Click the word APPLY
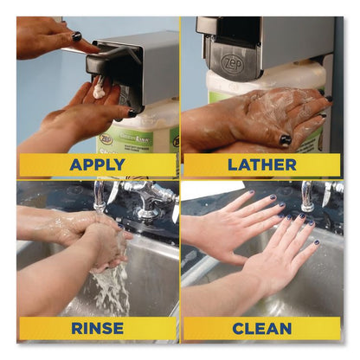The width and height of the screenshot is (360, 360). tap(97, 164)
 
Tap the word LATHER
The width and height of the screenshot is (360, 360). tap(262, 165)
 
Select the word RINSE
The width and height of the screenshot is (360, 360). tap(97, 328)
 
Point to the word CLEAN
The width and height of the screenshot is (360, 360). tap(262, 329)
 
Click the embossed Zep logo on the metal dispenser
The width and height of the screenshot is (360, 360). tap(233, 64)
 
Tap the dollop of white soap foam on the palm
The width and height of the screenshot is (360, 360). tap(99, 88)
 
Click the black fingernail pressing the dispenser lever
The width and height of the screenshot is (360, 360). tap(76, 36)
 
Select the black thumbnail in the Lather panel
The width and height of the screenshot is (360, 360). tap(286, 140)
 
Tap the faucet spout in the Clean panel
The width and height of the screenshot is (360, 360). tap(306, 196)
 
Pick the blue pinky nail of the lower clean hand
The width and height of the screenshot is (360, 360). tap(317, 242)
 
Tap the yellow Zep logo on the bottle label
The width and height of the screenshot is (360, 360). tap(104, 138)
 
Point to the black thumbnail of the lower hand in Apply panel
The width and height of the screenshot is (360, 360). tap(132, 113)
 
